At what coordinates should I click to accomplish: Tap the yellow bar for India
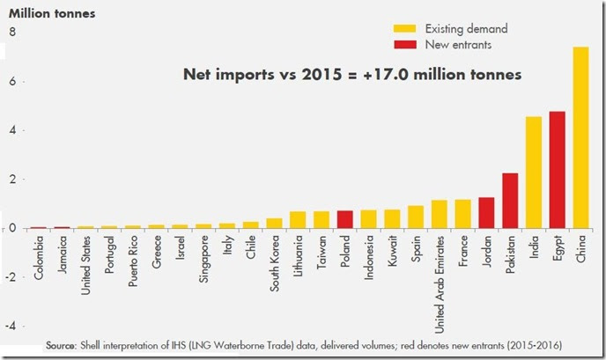[x=534, y=173]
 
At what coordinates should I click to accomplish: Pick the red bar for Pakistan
[x=510, y=201]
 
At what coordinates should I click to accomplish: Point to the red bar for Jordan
[x=486, y=213]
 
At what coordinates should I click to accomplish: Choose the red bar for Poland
[x=344, y=219]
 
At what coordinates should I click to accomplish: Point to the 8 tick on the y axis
[x=12, y=33]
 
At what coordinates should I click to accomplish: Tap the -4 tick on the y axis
[x=11, y=326]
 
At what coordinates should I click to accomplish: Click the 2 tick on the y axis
[x=12, y=180]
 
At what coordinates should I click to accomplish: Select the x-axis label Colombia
[x=39, y=256]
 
